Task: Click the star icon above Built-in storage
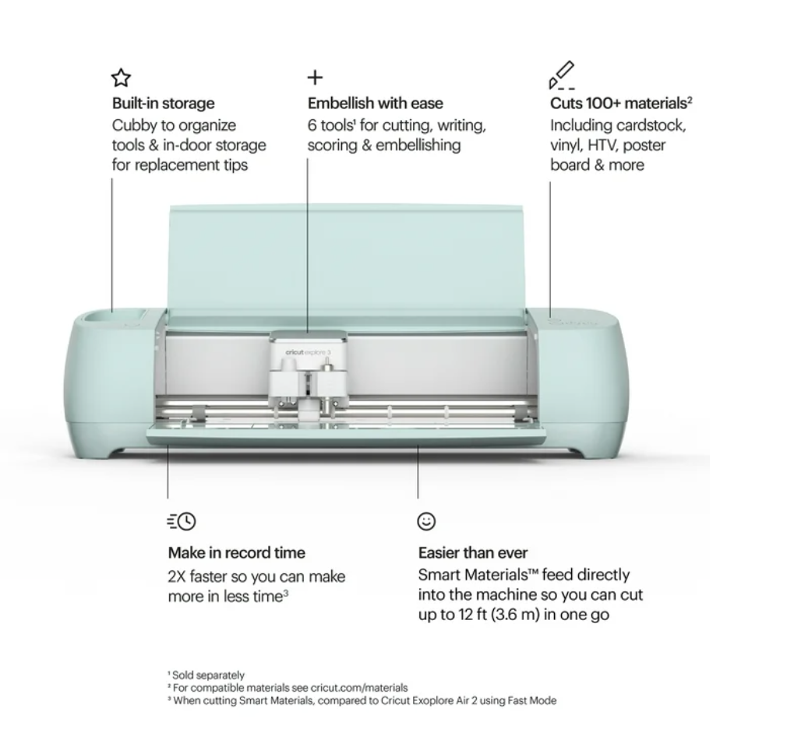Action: click(x=121, y=78)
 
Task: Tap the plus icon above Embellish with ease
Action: click(x=316, y=78)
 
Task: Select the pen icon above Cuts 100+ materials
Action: click(x=562, y=75)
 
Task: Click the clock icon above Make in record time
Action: click(x=182, y=521)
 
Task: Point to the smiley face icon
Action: click(x=426, y=521)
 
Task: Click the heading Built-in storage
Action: click(x=164, y=103)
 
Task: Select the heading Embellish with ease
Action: click(x=376, y=103)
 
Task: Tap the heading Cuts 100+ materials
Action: click(x=621, y=103)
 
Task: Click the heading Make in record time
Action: click(x=237, y=552)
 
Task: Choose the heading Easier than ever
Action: click(x=473, y=552)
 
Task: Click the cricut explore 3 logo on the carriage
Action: click(x=308, y=352)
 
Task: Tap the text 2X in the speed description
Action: click(x=177, y=576)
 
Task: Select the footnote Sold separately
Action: click(x=208, y=675)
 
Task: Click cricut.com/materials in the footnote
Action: click(x=359, y=688)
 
